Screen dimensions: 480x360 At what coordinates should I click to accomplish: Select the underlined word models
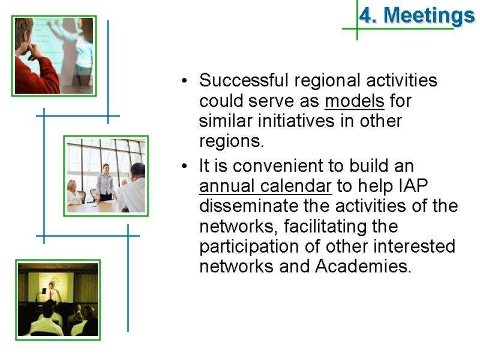click(354, 101)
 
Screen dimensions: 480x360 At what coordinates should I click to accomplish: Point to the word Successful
click(244, 80)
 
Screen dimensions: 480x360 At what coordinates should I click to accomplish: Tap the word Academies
click(363, 266)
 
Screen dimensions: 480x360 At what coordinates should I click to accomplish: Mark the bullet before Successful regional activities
click(184, 81)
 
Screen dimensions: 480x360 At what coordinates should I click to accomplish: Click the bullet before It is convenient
click(184, 166)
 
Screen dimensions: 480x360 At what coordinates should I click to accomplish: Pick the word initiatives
click(296, 121)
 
